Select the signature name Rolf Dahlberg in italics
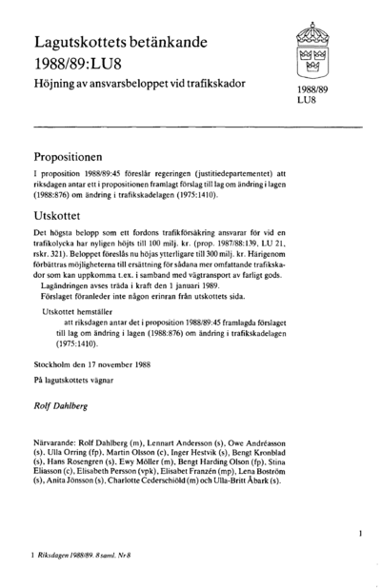pos(60,404)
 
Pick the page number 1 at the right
pos(361,535)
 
